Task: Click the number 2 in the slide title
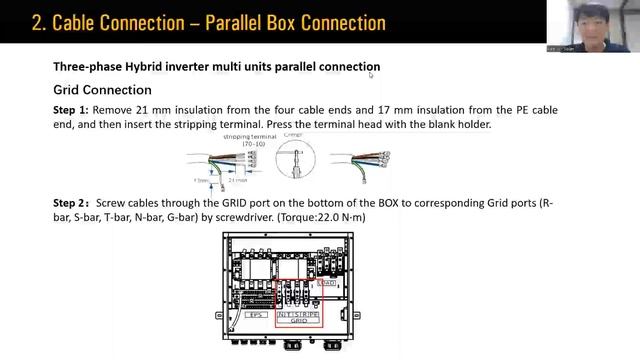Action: tap(38, 22)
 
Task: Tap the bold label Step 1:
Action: tap(71, 110)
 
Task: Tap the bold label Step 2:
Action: tap(72, 203)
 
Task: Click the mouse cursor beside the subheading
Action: tap(371, 74)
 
